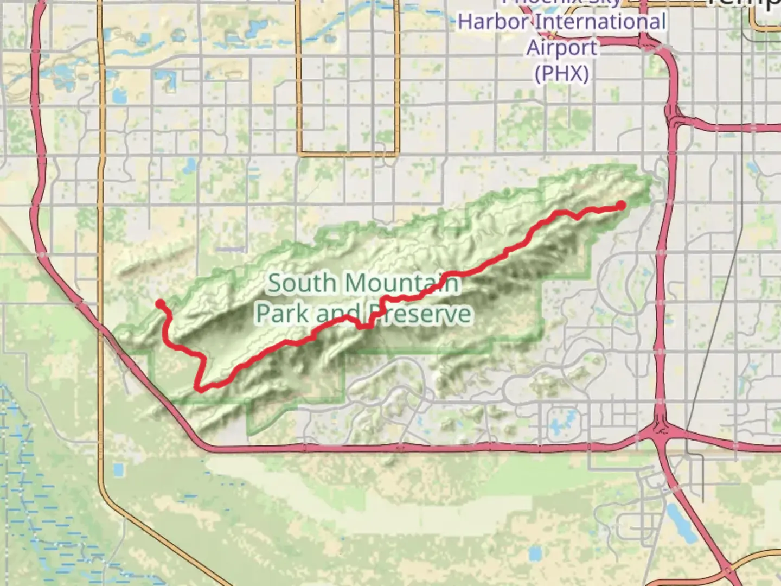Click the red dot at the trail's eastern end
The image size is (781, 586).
[620, 205]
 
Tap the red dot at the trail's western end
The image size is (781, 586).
[161, 303]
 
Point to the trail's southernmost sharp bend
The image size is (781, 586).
[199, 388]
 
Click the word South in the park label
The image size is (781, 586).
[302, 283]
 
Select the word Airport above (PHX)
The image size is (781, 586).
[562, 48]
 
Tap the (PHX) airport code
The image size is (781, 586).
[562, 73]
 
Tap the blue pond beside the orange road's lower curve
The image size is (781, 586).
[118, 470]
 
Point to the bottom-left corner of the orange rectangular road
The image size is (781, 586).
[300, 154]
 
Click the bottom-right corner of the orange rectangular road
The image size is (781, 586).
[397, 154]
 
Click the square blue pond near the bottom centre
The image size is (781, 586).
[535, 554]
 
